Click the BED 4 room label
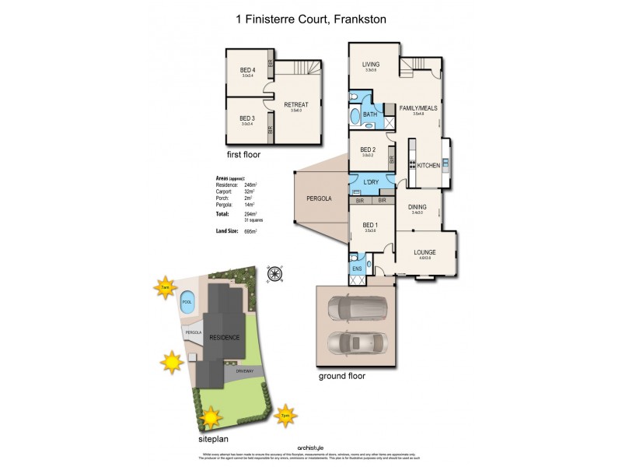coord(247,71)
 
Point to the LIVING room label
coord(370,65)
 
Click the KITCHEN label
coord(428,166)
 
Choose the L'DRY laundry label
coord(370,183)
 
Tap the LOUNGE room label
coord(425,252)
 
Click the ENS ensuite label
coord(356,268)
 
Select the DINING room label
coord(418,206)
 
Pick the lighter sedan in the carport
coord(358,342)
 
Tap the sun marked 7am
coord(165,287)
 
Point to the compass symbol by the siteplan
coord(274,272)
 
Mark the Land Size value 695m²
coord(250,231)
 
